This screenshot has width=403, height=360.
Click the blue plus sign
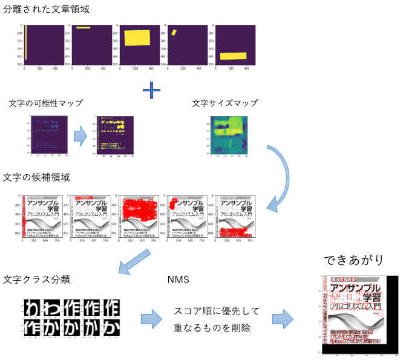(x=151, y=91)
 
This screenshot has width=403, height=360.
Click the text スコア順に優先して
(x=216, y=312)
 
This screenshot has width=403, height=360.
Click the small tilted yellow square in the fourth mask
(x=173, y=31)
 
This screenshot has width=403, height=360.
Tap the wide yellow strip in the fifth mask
(x=234, y=56)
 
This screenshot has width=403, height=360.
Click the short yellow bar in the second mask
(x=83, y=28)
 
